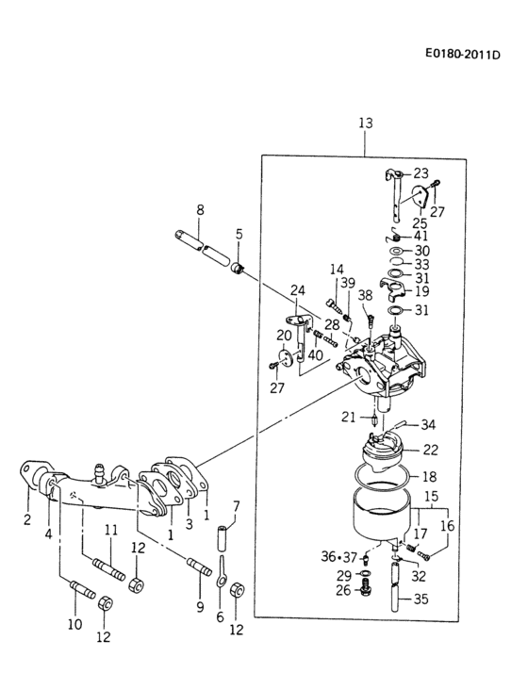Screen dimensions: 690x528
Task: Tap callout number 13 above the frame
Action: [x=366, y=123]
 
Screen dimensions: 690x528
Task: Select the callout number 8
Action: [x=200, y=209]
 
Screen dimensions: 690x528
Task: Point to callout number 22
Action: [x=430, y=450]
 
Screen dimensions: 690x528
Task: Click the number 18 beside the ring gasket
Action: [x=429, y=477]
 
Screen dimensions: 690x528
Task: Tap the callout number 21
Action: [x=348, y=417]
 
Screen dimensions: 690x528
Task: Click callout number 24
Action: [x=297, y=289]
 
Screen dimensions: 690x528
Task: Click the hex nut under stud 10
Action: [x=105, y=604]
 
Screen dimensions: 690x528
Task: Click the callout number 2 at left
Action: [x=27, y=519]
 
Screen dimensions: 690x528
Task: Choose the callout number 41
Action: [x=421, y=236]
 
